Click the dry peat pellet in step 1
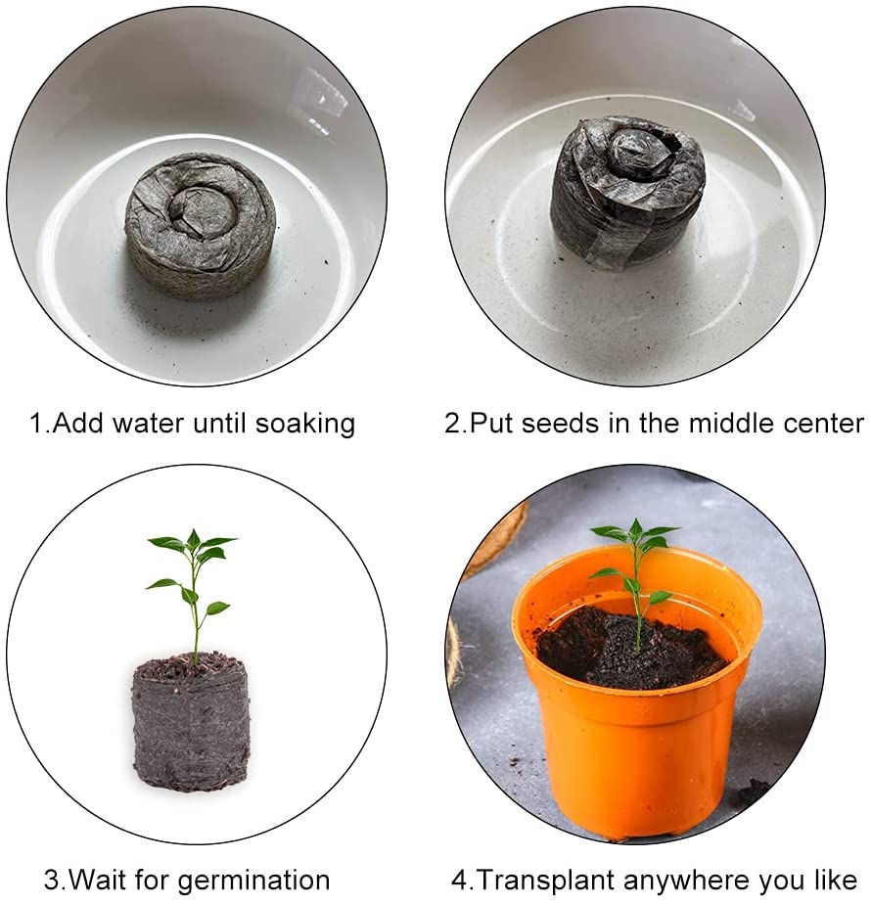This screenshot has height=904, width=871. pos(200,225)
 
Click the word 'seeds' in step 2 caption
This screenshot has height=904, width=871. pos(556,424)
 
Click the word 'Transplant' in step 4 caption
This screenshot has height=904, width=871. pos(542,880)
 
